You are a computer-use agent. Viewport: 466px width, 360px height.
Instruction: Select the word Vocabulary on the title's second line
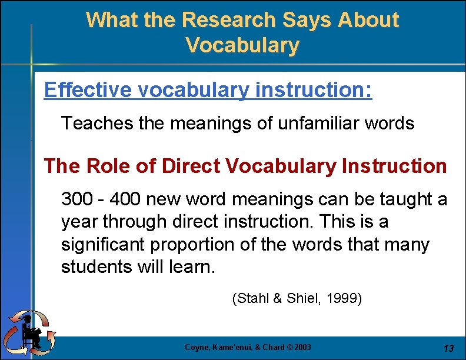[242, 45]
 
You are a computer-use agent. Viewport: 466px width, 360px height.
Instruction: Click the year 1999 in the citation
[344, 299]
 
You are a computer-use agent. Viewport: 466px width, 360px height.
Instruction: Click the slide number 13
[448, 348]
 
